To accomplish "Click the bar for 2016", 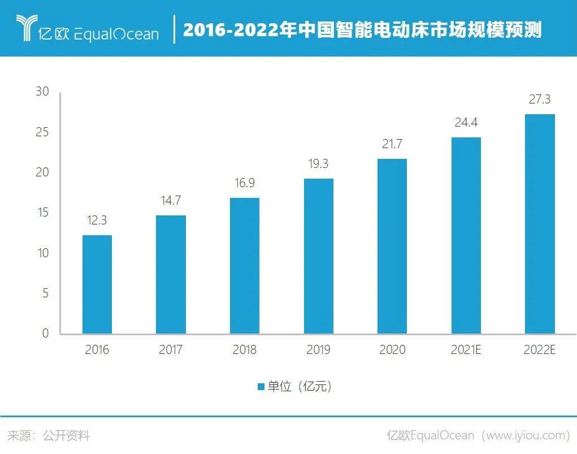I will coord(97,284).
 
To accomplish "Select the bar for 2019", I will coord(318,256).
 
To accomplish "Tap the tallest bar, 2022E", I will coord(540,224).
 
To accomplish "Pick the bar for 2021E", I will coord(466,235).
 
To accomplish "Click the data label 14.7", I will coord(171,201).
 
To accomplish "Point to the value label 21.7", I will coord(392,144).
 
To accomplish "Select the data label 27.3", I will coord(540,100).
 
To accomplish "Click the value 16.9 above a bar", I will coord(244,183).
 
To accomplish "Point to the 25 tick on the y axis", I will coord(43,132).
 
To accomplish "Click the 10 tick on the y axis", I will coord(43,253).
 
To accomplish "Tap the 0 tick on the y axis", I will coord(46,334).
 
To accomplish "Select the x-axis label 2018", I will coord(244,350).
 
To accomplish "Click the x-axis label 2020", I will coord(392,350).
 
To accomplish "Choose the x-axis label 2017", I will coord(171,350).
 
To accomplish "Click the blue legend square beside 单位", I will coord(261,387).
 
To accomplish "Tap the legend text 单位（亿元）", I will coord(300,387).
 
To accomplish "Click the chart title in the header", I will coord(362,29).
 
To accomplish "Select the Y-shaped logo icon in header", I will coord(25,28).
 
